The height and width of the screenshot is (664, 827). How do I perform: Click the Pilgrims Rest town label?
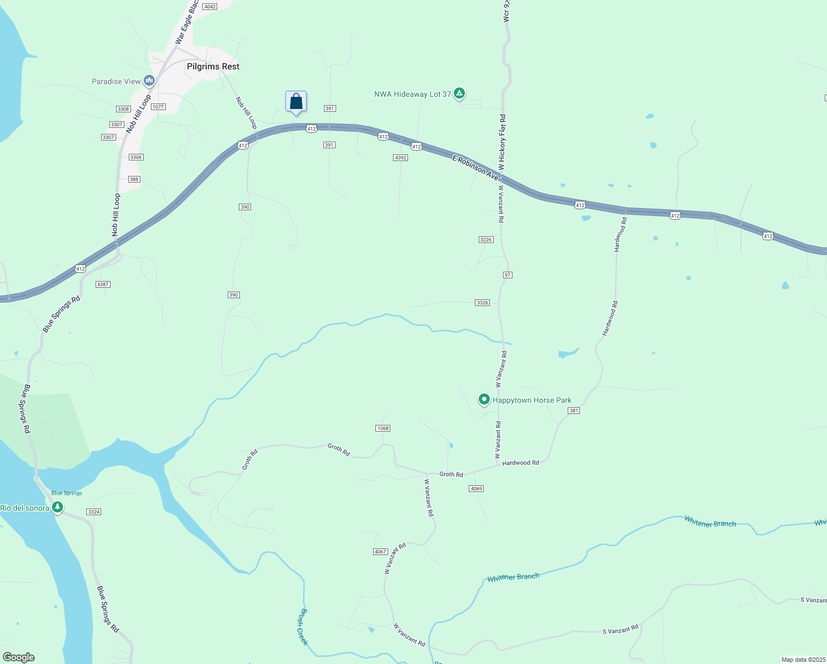[213, 66]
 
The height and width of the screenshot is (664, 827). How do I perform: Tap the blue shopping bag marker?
[296, 102]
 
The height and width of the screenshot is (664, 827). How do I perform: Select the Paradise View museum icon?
[149, 81]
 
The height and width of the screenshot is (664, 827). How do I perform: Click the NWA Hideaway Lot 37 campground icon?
[459, 94]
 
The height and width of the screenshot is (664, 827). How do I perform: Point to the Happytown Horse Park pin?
[484, 400]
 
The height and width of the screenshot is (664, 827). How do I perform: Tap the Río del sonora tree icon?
[57, 508]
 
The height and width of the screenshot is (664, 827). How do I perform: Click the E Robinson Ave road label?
[475, 167]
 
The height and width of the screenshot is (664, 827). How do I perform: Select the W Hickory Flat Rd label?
[502, 142]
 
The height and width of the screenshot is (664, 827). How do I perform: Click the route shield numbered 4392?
[400, 158]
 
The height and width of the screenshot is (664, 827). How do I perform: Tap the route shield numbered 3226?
[485, 240]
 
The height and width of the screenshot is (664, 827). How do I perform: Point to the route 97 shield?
[507, 275]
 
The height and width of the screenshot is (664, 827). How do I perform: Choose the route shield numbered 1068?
[383, 428]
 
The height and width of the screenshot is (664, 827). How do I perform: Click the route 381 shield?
[574, 411]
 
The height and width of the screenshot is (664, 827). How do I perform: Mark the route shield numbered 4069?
[476, 489]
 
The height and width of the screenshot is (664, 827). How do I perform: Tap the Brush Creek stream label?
[301, 626]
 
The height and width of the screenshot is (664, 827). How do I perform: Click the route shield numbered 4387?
[103, 284]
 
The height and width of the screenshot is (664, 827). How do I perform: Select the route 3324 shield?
[93, 512]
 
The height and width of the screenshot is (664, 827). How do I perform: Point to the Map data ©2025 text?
[803, 660]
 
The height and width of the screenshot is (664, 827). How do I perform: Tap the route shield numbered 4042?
[210, 7]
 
